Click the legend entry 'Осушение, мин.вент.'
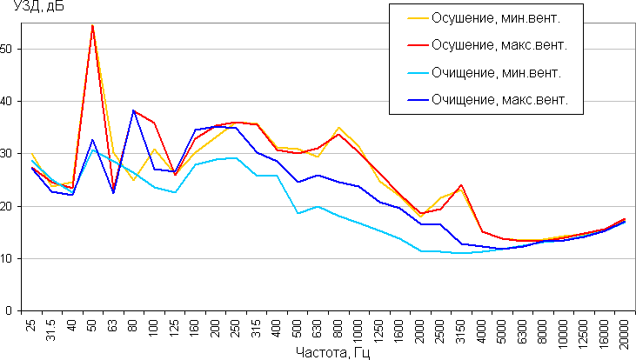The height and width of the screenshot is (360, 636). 498,17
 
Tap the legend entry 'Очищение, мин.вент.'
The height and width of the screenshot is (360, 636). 496,72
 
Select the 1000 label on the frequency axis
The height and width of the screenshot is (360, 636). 358,330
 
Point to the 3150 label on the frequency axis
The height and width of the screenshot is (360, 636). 461,330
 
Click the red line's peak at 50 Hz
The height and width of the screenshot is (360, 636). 93,26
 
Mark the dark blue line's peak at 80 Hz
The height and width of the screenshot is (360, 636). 134,110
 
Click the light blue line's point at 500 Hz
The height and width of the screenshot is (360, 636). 298,213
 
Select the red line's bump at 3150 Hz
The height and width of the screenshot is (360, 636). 460,184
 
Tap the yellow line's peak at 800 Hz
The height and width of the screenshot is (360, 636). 338,128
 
